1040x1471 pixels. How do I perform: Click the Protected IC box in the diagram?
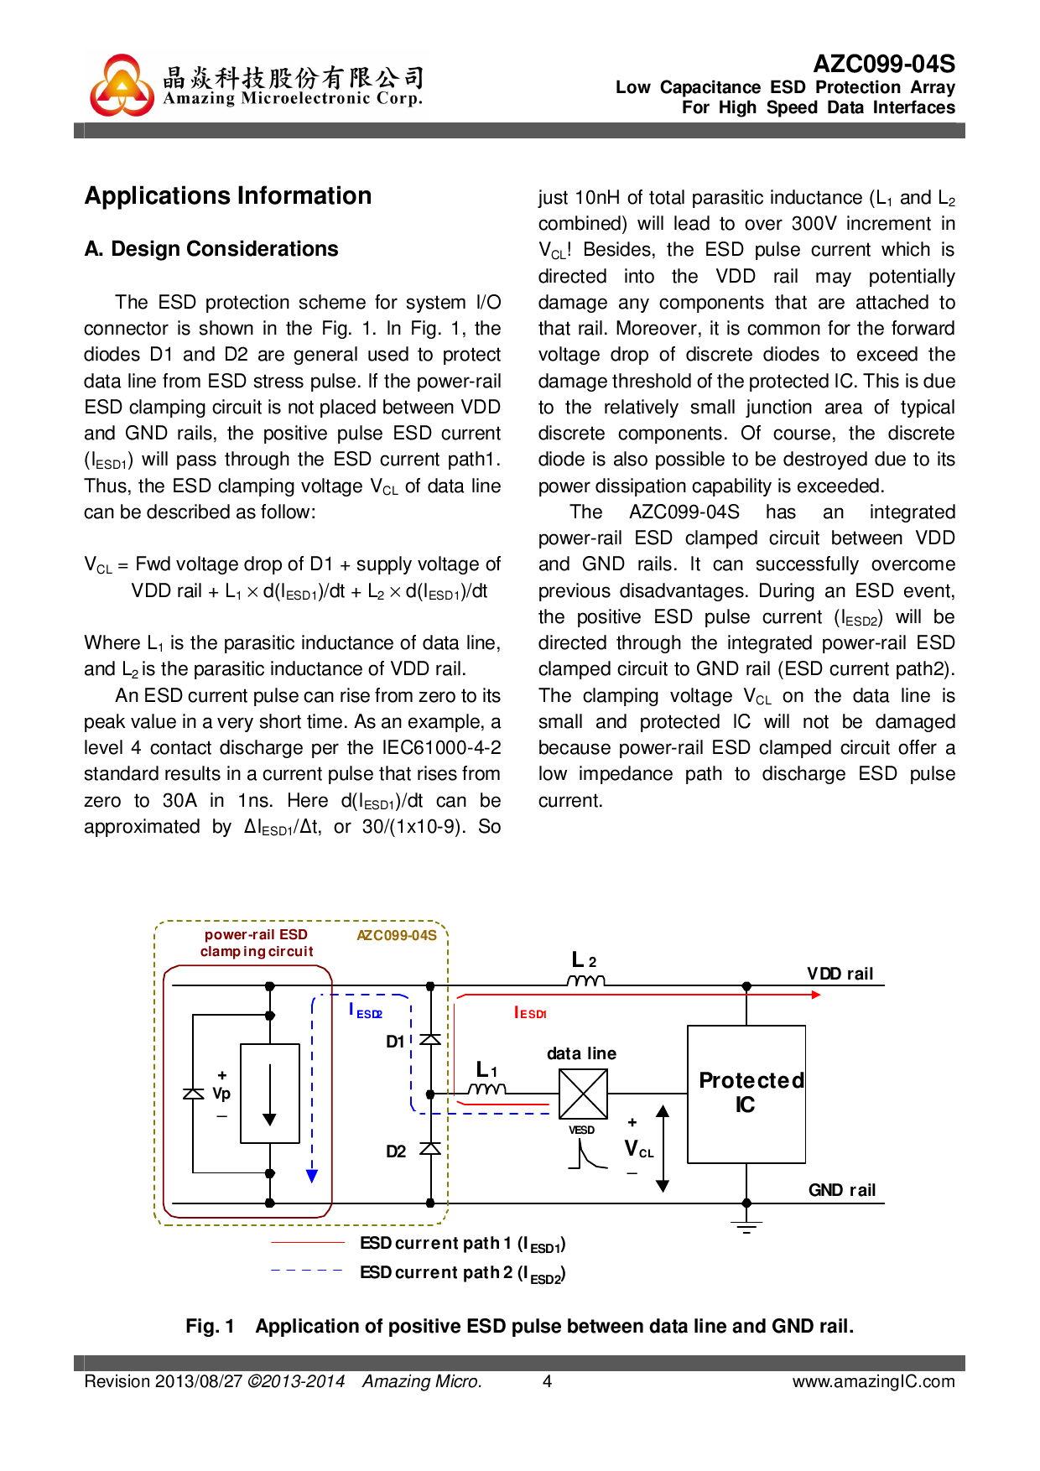[746, 1094]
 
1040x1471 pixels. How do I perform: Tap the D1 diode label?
[395, 1042]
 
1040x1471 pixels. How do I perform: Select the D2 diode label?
[396, 1151]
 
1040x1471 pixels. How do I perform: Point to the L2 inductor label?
[583, 960]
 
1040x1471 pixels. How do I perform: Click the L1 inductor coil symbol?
[486, 1089]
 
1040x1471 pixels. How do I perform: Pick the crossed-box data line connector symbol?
[583, 1094]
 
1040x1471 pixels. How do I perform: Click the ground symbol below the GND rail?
[746, 1227]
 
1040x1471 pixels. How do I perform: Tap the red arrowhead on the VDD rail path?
[815, 995]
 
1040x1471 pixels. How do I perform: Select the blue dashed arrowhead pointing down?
[312, 1176]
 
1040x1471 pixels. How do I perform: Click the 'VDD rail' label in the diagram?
[840, 974]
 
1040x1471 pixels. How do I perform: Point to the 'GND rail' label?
[841, 1190]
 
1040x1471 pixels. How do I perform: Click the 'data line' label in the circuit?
[581, 1053]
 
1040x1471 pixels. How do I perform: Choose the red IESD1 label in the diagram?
[530, 1013]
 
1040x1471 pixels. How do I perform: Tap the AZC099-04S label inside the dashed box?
[397, 935]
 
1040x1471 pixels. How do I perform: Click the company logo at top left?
[122, 86]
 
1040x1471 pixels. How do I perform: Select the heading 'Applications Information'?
[228, 195]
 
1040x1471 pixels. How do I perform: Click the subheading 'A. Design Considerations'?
[211, 249]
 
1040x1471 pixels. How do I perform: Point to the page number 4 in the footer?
[547, 1381]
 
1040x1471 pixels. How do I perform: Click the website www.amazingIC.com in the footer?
[873, 1381]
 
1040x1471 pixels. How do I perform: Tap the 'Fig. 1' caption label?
[210, 1326]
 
